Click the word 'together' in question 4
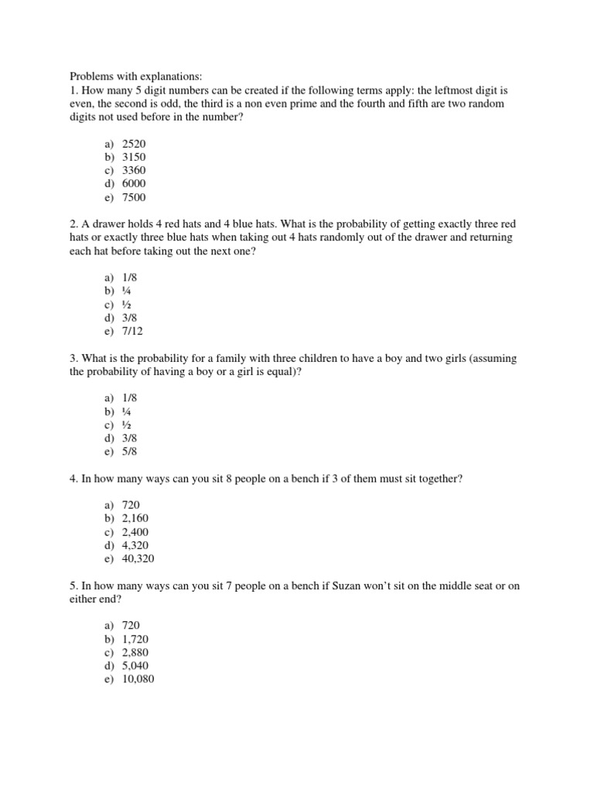point(439,479)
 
